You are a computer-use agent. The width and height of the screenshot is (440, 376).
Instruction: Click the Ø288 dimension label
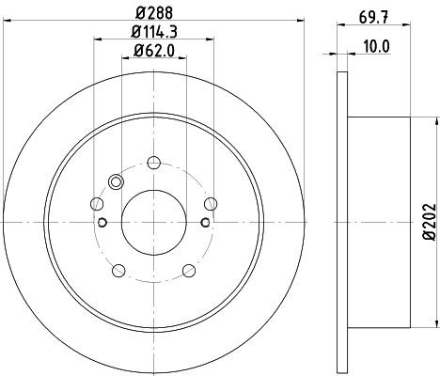coord(154,13)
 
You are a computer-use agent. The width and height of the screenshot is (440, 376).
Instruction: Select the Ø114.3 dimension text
coord(154,32)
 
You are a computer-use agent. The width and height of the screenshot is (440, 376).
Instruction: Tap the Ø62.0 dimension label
coord(154,51)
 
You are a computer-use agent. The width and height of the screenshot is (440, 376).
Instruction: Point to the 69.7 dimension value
coord(373,18)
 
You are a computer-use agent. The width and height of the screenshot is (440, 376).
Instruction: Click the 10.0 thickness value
coord(377,47)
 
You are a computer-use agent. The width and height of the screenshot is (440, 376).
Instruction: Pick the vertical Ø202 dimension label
coord(430,222)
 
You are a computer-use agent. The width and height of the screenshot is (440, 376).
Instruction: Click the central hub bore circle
coord(154,223)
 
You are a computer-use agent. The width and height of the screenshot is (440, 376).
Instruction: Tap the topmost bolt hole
coord(154,163)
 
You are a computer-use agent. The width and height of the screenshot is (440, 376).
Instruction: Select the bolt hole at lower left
coord(118,271)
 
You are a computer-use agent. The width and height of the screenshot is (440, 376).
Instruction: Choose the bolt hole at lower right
coord(189,271)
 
